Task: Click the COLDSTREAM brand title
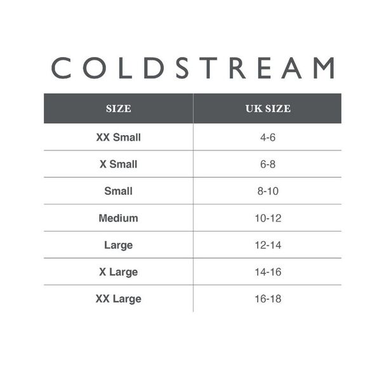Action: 192,68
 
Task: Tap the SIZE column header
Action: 119,108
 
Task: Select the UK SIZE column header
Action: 268,108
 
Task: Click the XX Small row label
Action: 119,137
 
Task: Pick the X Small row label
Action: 119,164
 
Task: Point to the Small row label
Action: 119,191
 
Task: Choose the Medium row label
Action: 119,218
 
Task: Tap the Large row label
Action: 119,245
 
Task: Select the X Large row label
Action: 119,272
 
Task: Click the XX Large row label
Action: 119,299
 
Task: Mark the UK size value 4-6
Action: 268,137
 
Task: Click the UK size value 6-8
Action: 268,164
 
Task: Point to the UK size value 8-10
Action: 268,191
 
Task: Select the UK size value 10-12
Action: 268,218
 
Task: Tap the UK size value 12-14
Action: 268,245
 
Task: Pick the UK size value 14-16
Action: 268,272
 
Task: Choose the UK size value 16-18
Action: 268,299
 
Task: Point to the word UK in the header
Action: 253,108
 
